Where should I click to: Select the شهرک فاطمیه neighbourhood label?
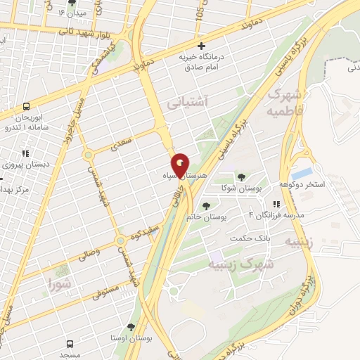[286, 103]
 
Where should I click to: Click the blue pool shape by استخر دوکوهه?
[302, 172]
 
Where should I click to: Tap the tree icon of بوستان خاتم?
[206, 206]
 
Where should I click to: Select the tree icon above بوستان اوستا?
[131, 326]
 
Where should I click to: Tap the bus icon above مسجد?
[70, 344]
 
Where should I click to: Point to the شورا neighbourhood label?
[60, 283]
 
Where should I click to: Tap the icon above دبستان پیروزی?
[25, 153]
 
